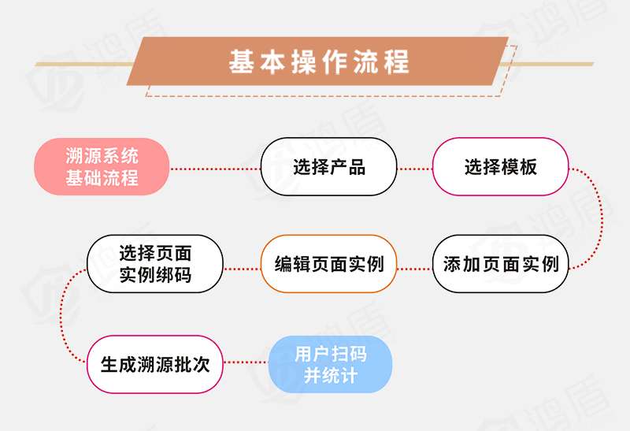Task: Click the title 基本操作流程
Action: (319, 61)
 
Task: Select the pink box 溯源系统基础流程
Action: (102, 166)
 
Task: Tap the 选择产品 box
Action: (328, 167)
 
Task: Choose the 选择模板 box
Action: (500, 167)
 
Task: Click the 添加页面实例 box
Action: (500, 264)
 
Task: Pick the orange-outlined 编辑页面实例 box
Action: (328, 264)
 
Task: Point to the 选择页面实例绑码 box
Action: (155, 264)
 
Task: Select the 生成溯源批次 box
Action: (155, 363)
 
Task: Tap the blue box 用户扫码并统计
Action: (330, 363)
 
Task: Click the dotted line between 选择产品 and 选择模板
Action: (414, 168)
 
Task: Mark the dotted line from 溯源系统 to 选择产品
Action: (214, 168)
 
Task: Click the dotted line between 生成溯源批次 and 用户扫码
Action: (246, 363)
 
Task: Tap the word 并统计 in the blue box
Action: (330, 375)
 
